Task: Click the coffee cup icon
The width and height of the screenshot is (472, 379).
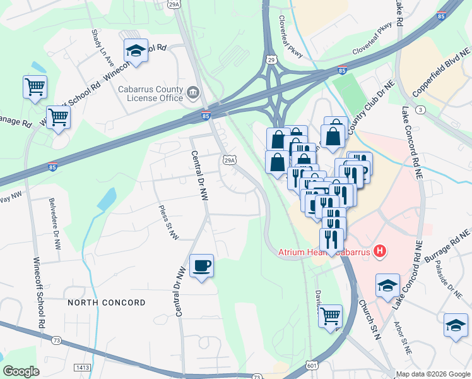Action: pos(201,266)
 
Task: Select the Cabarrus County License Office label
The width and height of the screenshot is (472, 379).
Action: pos(151,93)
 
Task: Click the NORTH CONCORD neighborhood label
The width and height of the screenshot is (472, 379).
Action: pos(107,303)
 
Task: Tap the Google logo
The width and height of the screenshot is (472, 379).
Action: pos(21,371)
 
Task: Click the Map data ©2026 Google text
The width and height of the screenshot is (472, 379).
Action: pos(432,374)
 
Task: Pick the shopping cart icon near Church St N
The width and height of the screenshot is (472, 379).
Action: pos(330,316)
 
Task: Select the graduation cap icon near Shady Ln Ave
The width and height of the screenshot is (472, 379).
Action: pos(136,51)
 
